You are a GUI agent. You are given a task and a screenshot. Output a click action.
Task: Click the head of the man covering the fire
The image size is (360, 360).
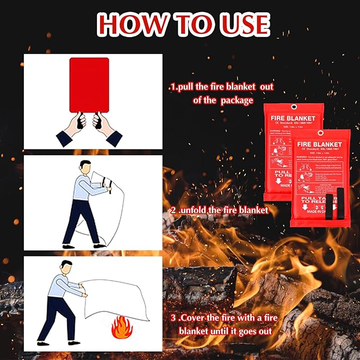[67, 269]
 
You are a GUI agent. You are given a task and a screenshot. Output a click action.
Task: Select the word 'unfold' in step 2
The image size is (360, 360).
[195, 210]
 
